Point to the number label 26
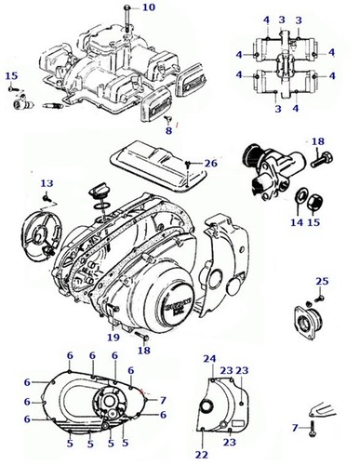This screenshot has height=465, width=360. click(x=210, y=163)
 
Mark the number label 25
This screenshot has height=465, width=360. click(x=322, y=280)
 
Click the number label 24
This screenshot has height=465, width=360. click(x=209, y=359)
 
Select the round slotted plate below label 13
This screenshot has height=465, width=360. click(x=44, y=232)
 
